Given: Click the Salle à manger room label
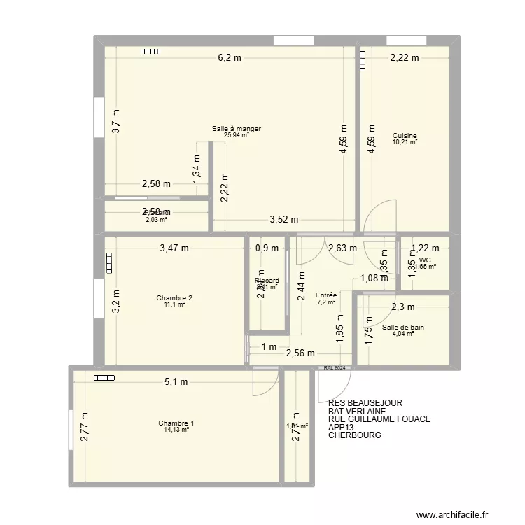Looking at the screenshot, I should (237, 129).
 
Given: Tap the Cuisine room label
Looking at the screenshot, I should (405, 136).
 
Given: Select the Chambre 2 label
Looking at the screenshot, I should (175, 298).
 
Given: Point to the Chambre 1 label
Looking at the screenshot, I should (176, 423).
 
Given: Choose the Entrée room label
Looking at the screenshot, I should (327, 295).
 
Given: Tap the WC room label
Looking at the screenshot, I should (425, 260).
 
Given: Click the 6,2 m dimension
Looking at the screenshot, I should (229, 59).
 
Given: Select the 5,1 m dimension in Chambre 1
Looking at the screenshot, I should (176, 382).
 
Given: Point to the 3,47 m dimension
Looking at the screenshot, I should (174, 247).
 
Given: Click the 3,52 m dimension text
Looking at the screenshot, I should (285, 219).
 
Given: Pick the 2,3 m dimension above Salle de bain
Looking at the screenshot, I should (404, 306).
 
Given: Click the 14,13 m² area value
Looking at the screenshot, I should (176, 430).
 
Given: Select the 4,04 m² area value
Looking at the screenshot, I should (403, 334).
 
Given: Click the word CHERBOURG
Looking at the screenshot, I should (354, 435).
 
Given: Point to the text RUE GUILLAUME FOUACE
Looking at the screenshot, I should (379, 419).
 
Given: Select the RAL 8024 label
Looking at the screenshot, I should (335, 368).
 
